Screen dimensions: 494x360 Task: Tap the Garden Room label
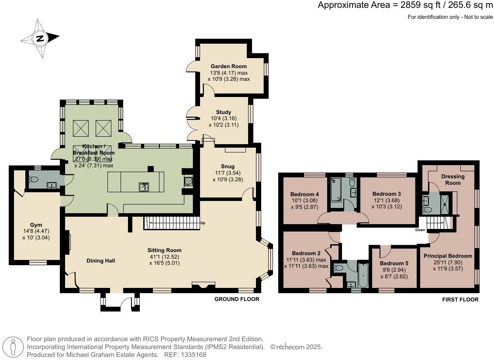tap(229, 66)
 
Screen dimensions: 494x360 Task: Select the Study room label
tap(224, 112)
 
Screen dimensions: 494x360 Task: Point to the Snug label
tap(228, 166)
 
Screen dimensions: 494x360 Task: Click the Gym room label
tap(36, 225)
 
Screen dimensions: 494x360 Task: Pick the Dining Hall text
tap(101, 261)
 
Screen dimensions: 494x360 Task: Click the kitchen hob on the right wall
tap(188, 181)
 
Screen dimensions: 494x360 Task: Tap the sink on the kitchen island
tap(144, 187)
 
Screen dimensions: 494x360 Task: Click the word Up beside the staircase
tap(203, 223)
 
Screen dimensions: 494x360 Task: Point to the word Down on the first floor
tap(420, 230)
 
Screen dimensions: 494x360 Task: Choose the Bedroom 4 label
tap(304, 194)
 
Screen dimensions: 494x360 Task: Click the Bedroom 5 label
tap(394, 263)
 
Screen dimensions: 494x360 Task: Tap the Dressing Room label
tap(453, 180)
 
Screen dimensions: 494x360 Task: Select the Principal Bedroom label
tap(448, 256)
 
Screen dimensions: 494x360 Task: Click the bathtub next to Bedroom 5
tap(363, 275)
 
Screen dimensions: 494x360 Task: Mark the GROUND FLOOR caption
tap(237, 299)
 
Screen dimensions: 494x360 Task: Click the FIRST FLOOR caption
tap(460, 299)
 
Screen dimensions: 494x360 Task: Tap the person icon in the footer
tap(13, 347)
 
